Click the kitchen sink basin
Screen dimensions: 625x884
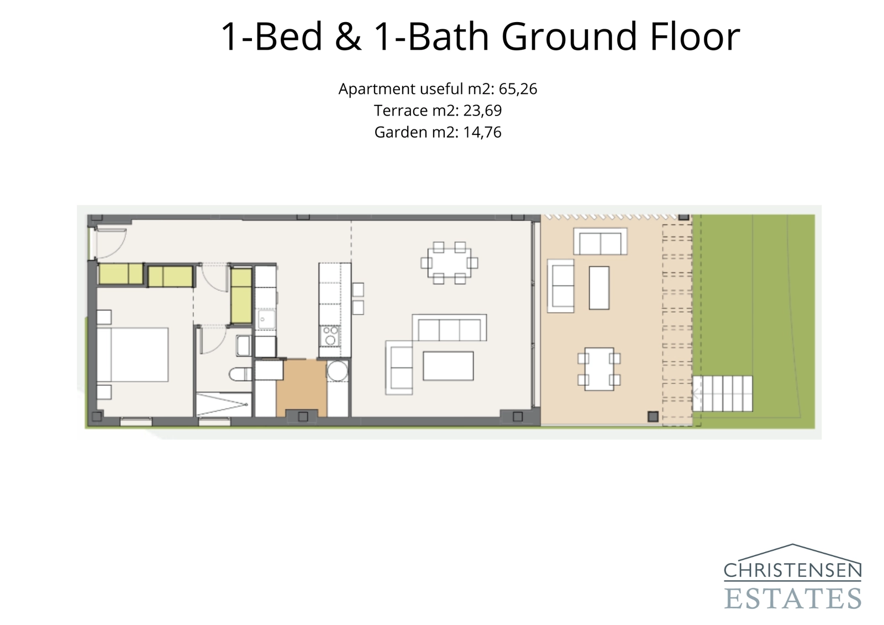[266, 319]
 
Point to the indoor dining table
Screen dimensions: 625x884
[449, 262]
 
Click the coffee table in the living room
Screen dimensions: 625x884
[448, 366]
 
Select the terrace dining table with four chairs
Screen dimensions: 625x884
[599, 369]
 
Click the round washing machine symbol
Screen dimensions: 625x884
[337, 371]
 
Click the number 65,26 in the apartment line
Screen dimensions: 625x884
[518, 89]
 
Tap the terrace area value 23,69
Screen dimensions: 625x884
[482, 111]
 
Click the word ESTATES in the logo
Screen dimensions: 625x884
[792, 598]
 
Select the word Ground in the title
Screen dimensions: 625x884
[570, 36]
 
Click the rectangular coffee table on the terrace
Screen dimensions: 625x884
[599, 287]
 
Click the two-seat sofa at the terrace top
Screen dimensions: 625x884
[600, 241]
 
